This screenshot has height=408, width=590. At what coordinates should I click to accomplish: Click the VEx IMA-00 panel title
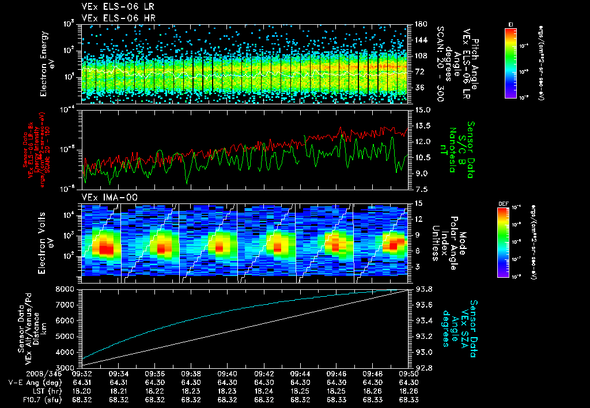pyautogui.click(x=104, y=197)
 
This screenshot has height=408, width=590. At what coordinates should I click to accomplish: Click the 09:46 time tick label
pyautogui.click(x=336, y=373)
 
